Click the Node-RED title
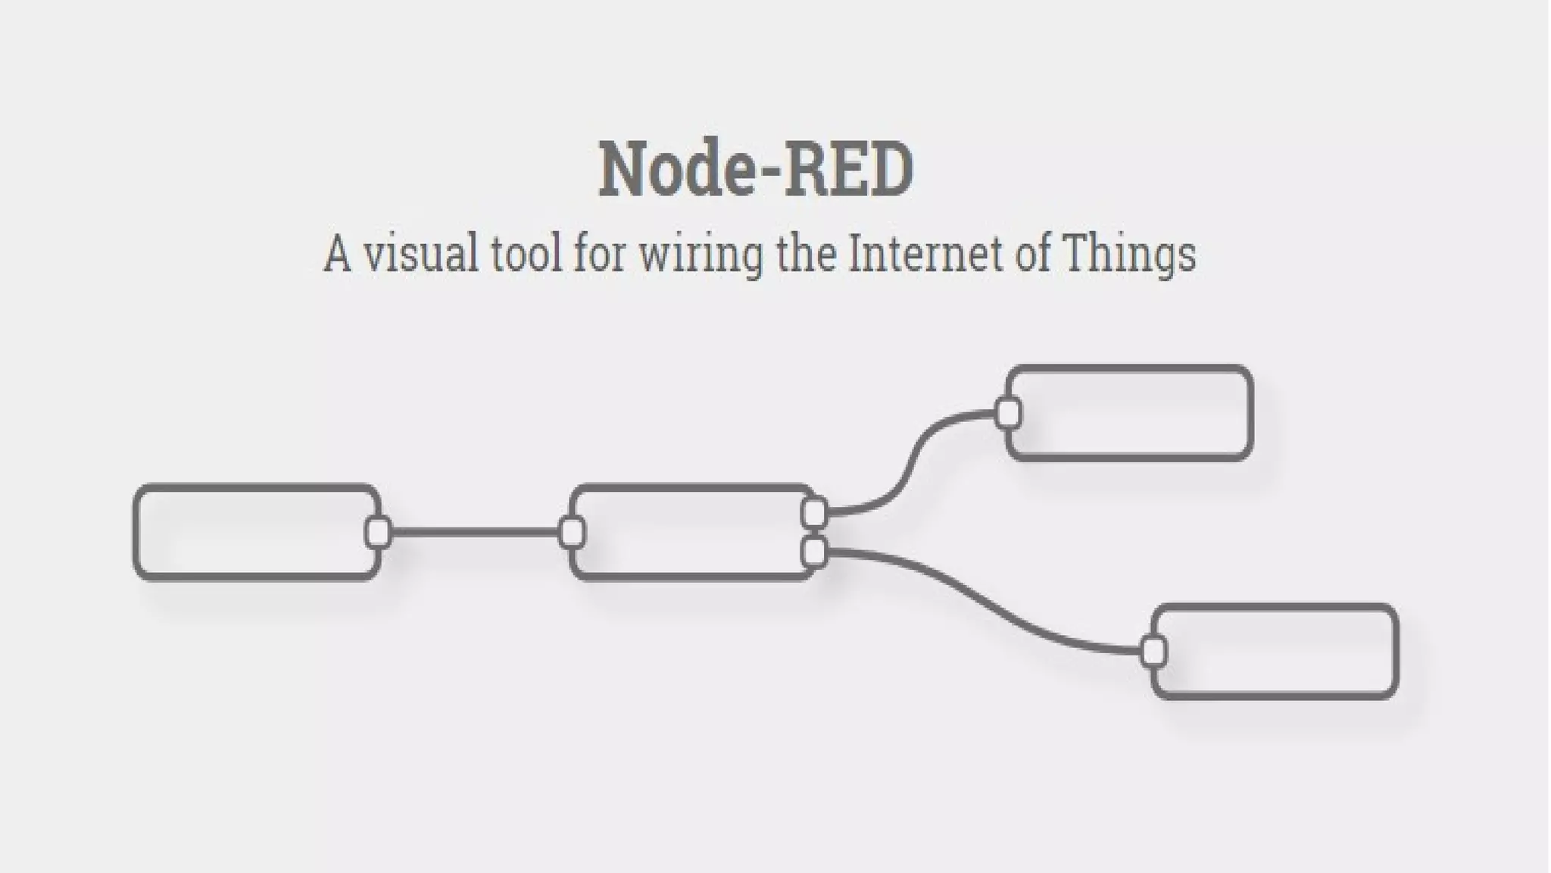coord(756,171)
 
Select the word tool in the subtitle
coord(526,253)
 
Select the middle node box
coord(689,532)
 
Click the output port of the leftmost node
coord(378,532)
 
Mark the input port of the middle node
coord(572,532)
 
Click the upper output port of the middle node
coord(814,513)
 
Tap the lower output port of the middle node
coord(814,552)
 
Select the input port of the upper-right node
coord(1008,413)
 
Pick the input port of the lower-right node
coord(1153,652)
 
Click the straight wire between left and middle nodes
coord(475,532)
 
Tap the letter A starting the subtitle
coord(337,253)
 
